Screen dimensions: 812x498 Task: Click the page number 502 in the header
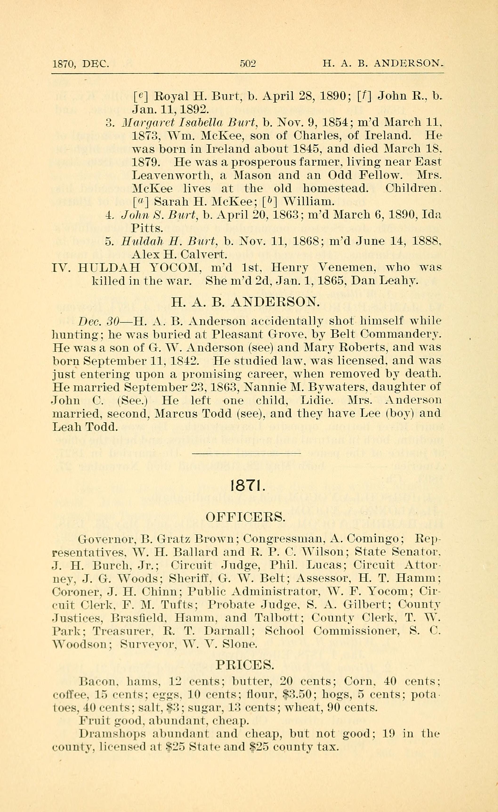pyautogui.click(x=248, y=63)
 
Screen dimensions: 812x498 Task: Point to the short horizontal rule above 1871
pyautogui.click(x=246, y=454)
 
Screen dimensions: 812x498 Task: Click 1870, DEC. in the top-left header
pyautogui.click(x=81, y=63)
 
